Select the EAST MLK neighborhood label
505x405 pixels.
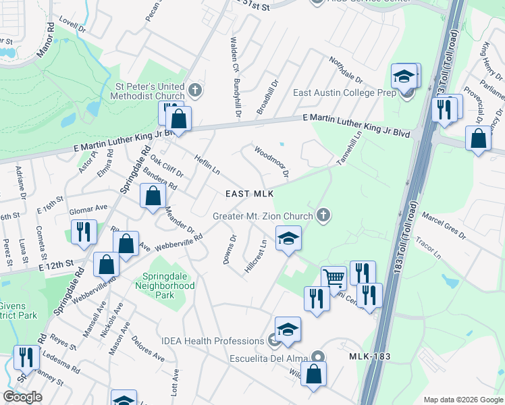coord(249,194)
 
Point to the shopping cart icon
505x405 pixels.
coord(334,277)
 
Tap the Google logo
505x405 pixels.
coord(22,397)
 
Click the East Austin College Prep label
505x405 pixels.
coord(344,93)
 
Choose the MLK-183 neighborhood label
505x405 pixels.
coord(371,356)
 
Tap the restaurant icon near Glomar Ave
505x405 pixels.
coord(84,232)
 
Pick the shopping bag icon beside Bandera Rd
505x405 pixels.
coord(153,196)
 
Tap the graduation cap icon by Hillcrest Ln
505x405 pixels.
coord(288,238)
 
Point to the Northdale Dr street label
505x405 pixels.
coord(346,70)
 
